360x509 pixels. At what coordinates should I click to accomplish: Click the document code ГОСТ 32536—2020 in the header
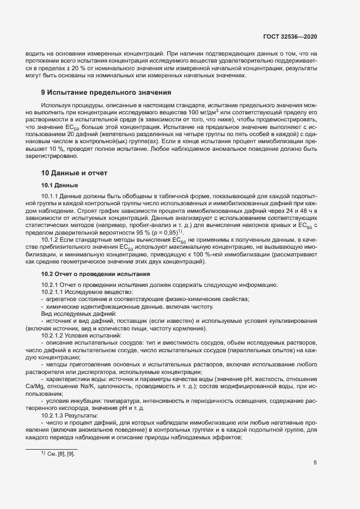[x=290, y=36]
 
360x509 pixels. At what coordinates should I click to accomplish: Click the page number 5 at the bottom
[x=315, y=463]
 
